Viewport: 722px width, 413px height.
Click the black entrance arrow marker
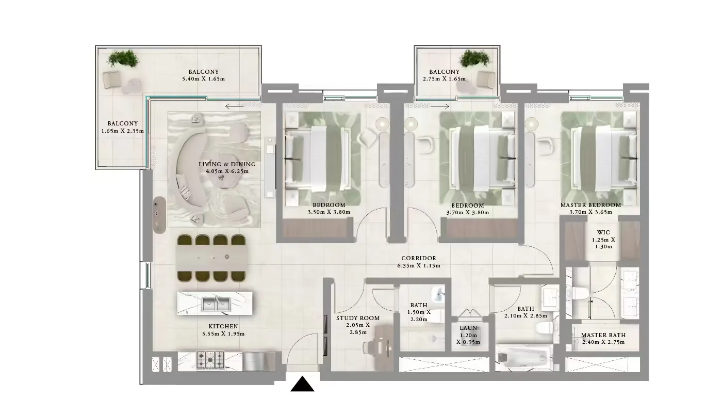[x=302, y=385]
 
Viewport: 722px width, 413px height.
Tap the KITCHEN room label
[x=223, y=326]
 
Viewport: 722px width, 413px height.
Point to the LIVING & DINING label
[x=227, y=164]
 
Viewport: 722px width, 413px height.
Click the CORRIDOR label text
[x=418, y=258]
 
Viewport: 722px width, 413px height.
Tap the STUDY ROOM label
[x=357, y=318]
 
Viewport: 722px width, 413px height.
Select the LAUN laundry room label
[x=468, y=328]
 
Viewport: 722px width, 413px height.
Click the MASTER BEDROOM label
[x=590, y=205]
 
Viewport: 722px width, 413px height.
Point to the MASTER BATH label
[x=603, y=335]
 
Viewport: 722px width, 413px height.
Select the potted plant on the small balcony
[x=473, y=58]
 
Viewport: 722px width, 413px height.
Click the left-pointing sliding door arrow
[x=235, y=107]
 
